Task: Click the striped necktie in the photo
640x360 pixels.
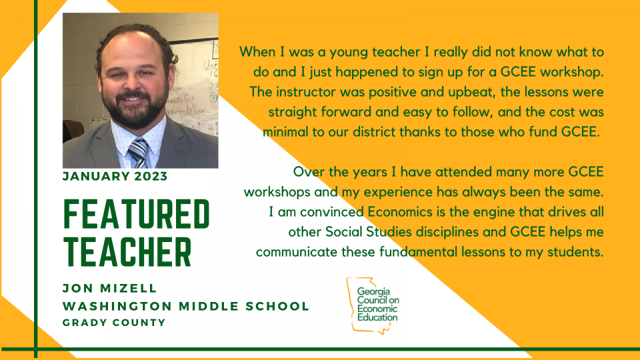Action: pos(139,153)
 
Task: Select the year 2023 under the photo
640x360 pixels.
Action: pos(151,176)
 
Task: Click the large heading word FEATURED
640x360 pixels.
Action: pos(136,214)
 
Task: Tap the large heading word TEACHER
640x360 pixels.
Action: pos(127,252)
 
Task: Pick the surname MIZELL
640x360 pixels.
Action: pos(129,288)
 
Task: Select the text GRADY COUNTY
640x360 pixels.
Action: pos(114,323)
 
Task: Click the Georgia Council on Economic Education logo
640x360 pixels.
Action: pos(373,305)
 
